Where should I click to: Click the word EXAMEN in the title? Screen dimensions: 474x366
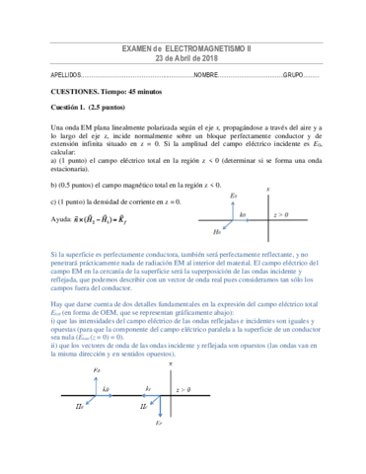[x=136, y=47]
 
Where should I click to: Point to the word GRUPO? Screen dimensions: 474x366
[x=294, y=75]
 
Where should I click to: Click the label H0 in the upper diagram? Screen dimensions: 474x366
[x=216, y=232]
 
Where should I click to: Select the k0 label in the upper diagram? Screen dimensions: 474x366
[x=243, y=214]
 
